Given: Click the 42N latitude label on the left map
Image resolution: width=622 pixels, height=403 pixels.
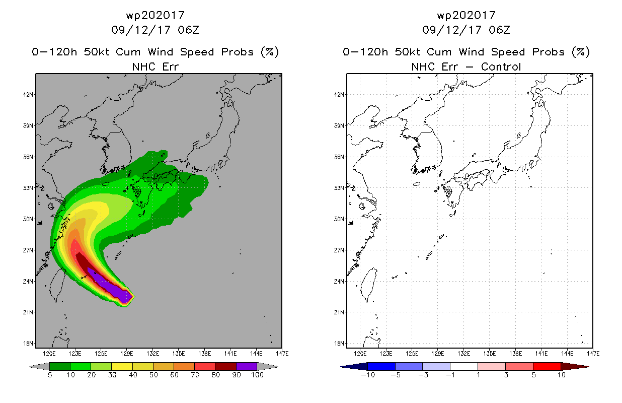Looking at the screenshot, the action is (x=28, y=95).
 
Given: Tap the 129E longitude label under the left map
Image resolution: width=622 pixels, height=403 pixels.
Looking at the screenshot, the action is (x=127, y=354).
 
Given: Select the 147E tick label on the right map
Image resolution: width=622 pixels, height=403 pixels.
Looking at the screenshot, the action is (x=593, y=354).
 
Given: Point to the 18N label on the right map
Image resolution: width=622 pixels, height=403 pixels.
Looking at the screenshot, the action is (x=339, y=344).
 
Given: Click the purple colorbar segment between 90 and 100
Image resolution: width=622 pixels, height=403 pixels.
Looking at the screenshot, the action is (x=247, y=366).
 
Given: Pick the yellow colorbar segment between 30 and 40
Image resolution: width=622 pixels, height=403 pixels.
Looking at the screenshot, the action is (x=122, y=366).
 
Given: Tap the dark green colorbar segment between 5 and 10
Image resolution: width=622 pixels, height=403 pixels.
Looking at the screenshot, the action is (x=60, y=366).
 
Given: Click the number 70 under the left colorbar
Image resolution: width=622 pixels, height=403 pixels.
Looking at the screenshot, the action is (x=195, y=375).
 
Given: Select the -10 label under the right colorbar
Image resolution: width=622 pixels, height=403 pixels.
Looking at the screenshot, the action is (x=368, y=375).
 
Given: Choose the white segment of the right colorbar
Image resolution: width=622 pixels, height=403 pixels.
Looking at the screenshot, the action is (x=464, y=366).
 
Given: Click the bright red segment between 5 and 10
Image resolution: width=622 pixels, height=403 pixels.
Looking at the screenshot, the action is (x=547, y=366).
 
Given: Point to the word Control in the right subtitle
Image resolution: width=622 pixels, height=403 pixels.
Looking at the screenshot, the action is (x=501, y=66).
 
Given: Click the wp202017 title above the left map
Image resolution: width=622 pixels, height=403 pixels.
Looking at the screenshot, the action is (x=155, y=15).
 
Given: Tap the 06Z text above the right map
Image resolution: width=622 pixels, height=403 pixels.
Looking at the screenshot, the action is (x=499, y=30).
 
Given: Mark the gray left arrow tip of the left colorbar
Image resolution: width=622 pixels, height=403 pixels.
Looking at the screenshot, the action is (x=29, y=367).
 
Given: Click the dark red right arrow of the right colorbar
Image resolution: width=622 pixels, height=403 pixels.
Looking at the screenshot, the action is (x=575, y=367).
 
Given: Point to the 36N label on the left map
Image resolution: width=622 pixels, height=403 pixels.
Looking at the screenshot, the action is (x=28, y=157).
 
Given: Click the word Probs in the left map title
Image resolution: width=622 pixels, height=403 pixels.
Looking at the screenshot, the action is (x=237, y=52).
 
